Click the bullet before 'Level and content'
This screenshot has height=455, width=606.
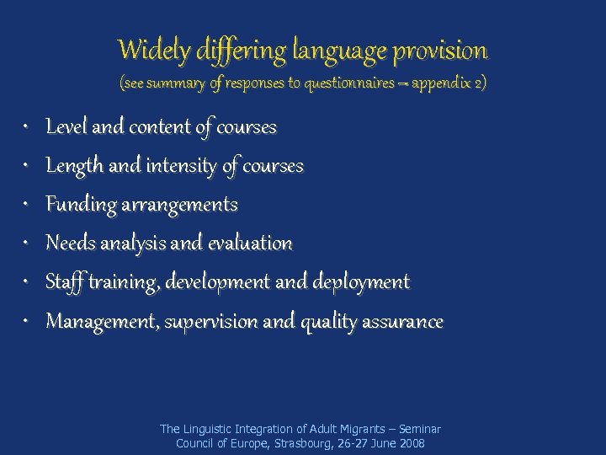pyautogui.click(x=26, y=127)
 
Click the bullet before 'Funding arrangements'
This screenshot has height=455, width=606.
pyautogui.click(x=26, y=205)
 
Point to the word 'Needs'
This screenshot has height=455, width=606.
pyautogui.click(x=70, y=244)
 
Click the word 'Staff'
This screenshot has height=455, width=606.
pyautogui.click(x=62, y=282)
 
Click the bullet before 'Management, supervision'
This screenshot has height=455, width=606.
pyautogui.click(x=26, y=321)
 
